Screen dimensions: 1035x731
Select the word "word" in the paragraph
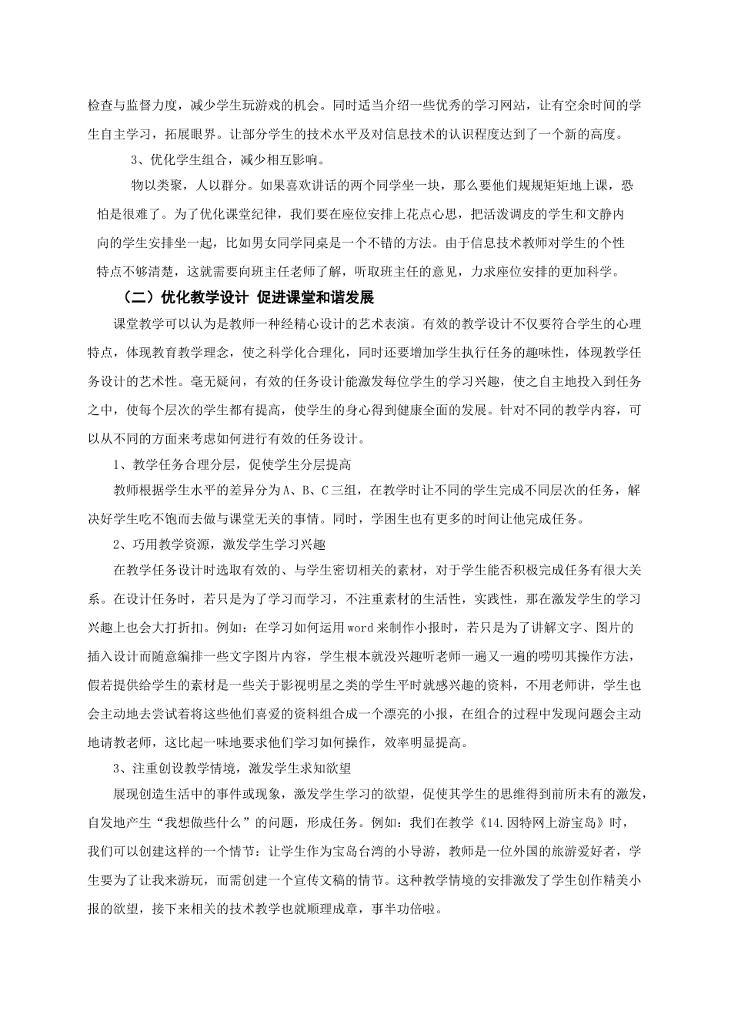coord(361,627)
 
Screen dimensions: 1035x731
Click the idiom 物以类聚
coord(154,186)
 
